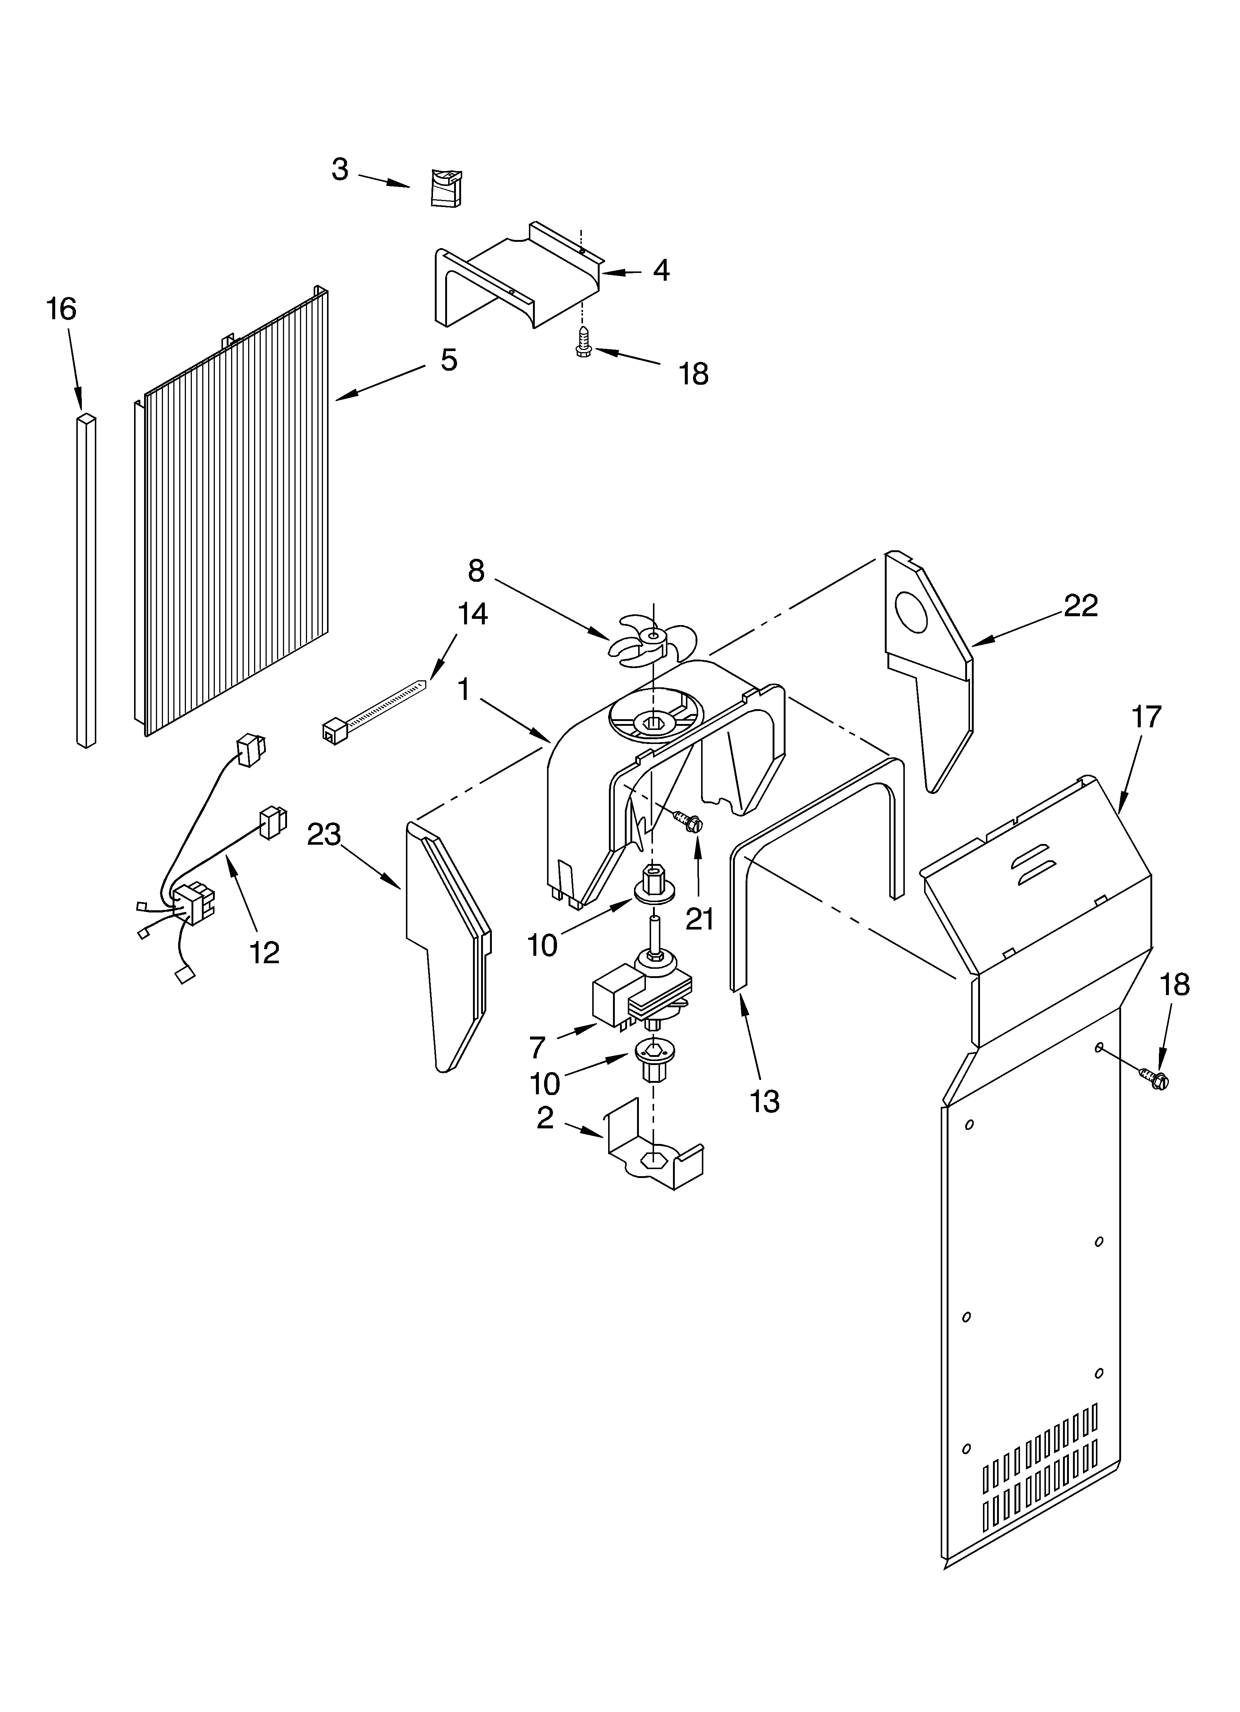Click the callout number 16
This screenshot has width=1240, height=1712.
click(61, 310)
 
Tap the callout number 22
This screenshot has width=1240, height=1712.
click(1081, 605)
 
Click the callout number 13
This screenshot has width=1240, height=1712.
click(764, 1101)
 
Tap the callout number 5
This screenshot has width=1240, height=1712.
click(449, 360)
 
